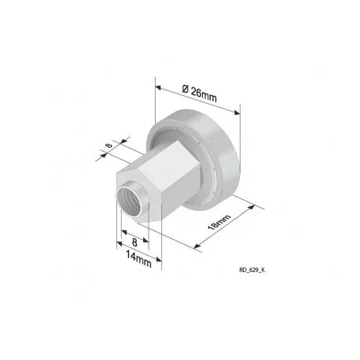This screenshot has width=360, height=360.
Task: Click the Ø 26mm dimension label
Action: click(x=200, y=94)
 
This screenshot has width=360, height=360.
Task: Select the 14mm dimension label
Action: click(x=139, y=259)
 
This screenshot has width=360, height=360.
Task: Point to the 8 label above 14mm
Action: click(x=134, y=242)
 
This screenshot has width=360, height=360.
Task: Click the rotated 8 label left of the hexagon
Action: click(x=109, y=145)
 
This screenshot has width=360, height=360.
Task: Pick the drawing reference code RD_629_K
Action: click(x=252, y=270)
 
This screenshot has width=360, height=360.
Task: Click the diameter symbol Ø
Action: click(x=186, y=89)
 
